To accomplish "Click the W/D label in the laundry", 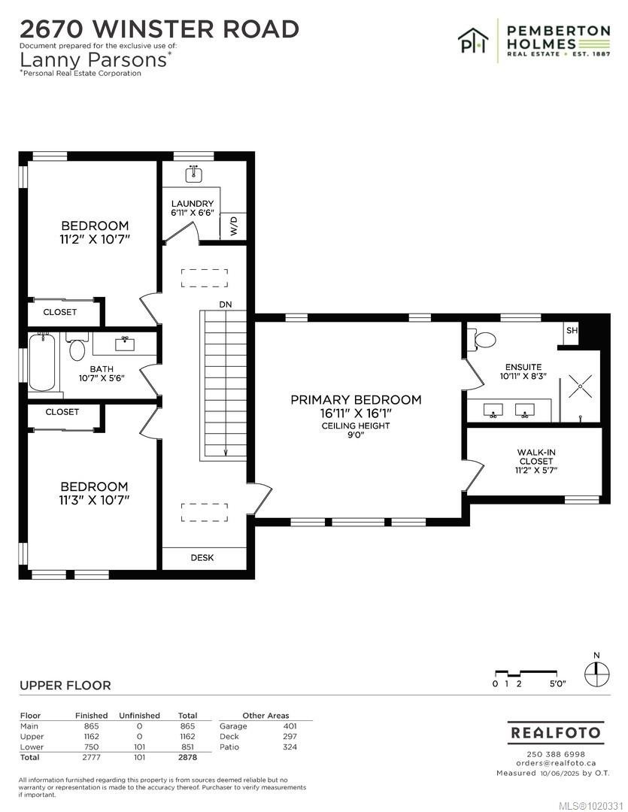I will point(233,226).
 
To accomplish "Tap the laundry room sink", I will point(193,174).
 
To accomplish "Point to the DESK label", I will point(202,558).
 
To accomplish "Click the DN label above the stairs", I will point(225,304).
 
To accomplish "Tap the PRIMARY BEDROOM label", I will point(356,400).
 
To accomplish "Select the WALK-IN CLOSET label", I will point(536,461).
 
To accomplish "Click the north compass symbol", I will point(596,671).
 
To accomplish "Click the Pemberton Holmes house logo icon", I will point(475,39).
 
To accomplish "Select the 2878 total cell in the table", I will point(187,758).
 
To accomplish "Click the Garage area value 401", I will point(290,726).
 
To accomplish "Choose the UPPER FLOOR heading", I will point(65,685).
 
